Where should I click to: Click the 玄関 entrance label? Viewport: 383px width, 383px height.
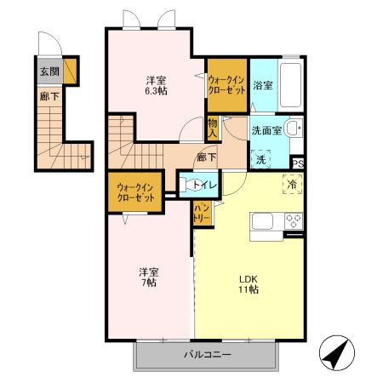tap(49, 72)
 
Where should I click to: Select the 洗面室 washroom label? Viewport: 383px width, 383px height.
tap(266, 132)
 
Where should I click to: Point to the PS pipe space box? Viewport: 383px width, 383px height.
tap(298, 163)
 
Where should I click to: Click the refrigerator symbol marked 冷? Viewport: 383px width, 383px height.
tap(292, 183)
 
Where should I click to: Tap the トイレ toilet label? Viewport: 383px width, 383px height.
tap(202, 185)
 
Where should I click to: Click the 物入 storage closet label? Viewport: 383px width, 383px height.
tap(213, 128)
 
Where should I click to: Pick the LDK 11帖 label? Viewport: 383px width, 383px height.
tap(249, 283)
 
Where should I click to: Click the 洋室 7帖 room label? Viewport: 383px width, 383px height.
tap(149, 277)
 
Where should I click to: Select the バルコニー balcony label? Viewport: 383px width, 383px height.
tap(207, 355)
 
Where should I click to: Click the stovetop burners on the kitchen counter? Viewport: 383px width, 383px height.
tap(294, 221)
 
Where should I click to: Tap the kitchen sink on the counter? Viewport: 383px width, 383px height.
tap(260, 222)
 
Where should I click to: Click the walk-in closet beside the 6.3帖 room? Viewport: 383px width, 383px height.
tap(227, 85)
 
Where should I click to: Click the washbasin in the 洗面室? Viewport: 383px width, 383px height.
tap(293, 130)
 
